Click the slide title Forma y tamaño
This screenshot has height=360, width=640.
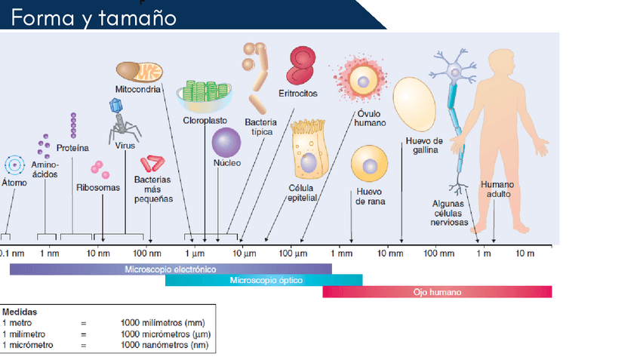pos(94,17)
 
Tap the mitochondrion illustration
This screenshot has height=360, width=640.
pos(139,72)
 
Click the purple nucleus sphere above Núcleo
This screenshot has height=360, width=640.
pos(226,142)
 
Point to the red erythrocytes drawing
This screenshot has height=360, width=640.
pos(301,65)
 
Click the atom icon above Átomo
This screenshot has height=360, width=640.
pos(14,165)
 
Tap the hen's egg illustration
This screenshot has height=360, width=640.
pos(415,103)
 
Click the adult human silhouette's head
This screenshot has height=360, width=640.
pos(500,64)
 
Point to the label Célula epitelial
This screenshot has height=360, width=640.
pos(301,192)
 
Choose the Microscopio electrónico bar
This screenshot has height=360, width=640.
pos(171,269)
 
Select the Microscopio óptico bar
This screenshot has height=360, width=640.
pos(264,281)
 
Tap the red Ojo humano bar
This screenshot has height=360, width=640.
pos(437,291)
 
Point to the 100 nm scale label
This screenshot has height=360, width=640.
pos(147,252)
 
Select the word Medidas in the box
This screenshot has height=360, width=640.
pos(20,311)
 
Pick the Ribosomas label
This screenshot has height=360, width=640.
pos(98,187)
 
